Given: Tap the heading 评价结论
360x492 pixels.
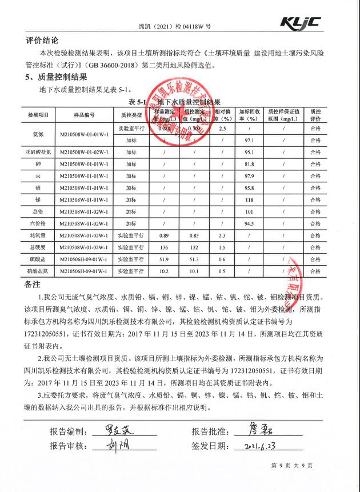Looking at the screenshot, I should (42, 41).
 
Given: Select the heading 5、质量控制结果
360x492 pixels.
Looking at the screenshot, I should (56, 77).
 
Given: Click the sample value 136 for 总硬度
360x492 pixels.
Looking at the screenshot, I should (164, 247).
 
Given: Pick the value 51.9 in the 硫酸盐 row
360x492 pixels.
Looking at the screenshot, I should (164, 259).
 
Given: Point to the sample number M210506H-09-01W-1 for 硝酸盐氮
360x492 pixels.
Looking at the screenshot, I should (84, 271).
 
